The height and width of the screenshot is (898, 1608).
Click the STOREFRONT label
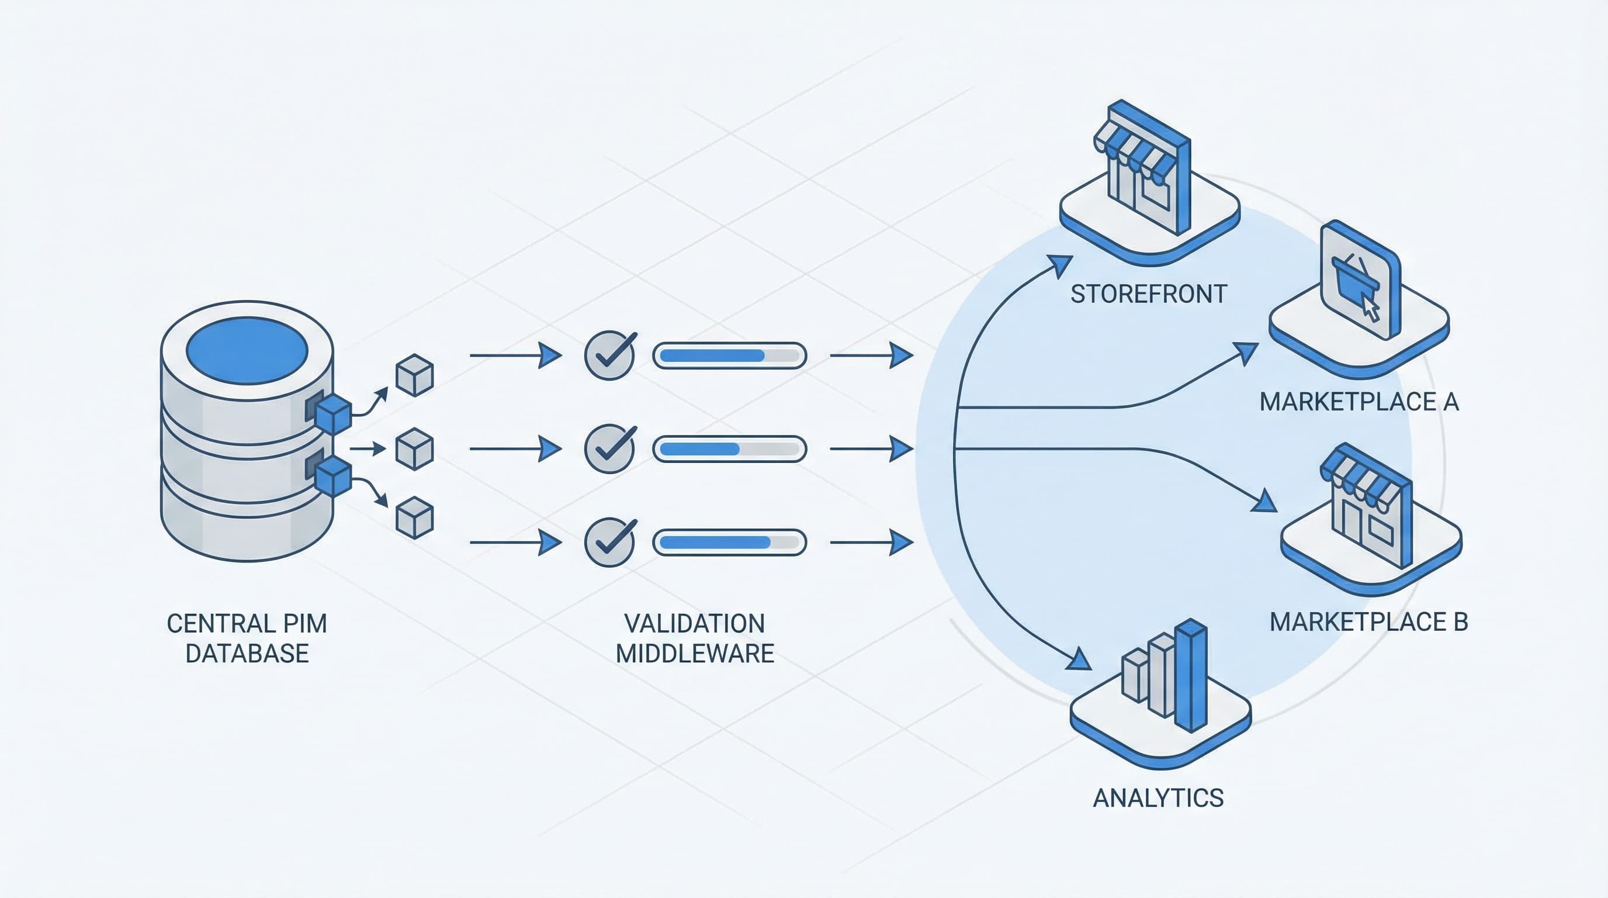click(x=1149, y=293)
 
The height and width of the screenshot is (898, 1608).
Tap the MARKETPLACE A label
click(x=1359, y=402)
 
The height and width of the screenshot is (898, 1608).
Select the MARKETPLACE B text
click(x=1368, y=621)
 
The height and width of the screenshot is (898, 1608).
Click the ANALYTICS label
click(x=1158, y=798)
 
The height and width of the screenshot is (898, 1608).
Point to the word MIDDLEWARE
click(x=695, y=653)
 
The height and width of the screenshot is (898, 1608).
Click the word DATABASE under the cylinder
click(x=247, y=653)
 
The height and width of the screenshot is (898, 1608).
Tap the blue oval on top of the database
click(x=247, y=350)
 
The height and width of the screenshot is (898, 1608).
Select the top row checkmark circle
click(x=609, y=355)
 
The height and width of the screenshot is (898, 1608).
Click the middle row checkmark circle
click(x=609, y=448)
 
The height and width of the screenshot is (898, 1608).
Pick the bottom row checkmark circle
click(x=609, y=542)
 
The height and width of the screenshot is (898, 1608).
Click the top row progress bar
click(x=729, y=355)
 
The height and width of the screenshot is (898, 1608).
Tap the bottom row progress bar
click(x=729, y=542)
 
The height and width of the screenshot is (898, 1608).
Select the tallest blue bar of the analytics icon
click(x=1191, y=675)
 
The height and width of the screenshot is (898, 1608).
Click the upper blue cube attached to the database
click(x=333, y=414)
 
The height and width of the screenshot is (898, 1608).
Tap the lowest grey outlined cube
click(x=414, y=517)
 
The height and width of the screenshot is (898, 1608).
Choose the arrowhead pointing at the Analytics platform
click(x=1079, y=659)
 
